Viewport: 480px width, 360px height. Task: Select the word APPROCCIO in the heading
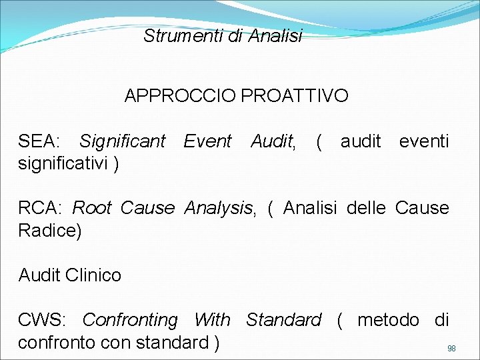click(x=180, y=96)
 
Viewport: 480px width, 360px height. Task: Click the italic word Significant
click(x=122, y=141)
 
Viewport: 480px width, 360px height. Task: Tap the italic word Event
click(x=207, y=141)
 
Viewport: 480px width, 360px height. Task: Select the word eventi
click(x=424, y=141)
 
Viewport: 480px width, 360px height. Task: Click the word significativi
click(x=64, y=163)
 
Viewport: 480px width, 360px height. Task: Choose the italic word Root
click(x=92, y=208)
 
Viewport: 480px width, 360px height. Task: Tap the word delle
click(x=366, y=208)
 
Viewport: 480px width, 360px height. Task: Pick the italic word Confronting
click(x=130, y=320)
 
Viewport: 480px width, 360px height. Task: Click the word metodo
click(x=389, y=320)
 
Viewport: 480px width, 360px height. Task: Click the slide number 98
click(x=451, y=349)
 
